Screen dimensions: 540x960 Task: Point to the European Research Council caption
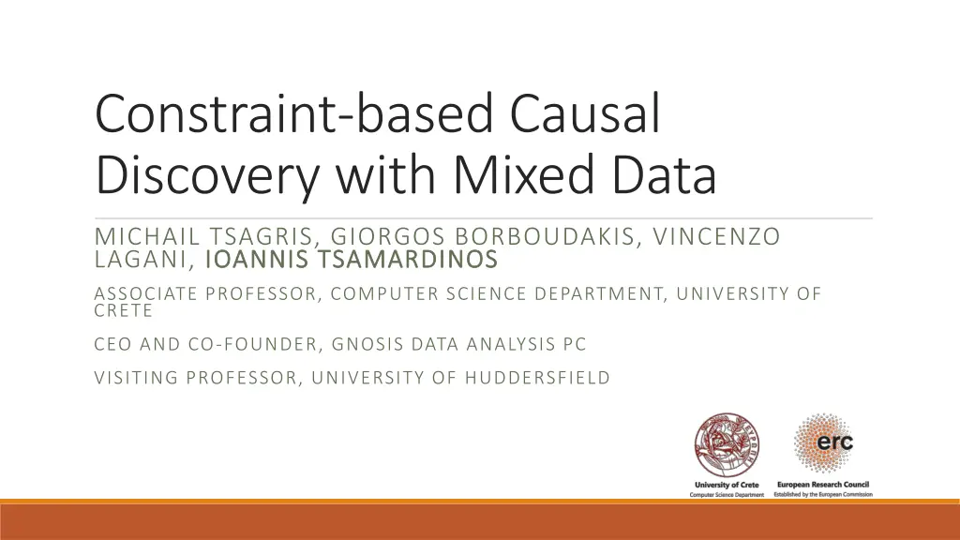click(x=823, y=484)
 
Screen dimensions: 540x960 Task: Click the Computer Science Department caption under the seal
click(x=727, y=494)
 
